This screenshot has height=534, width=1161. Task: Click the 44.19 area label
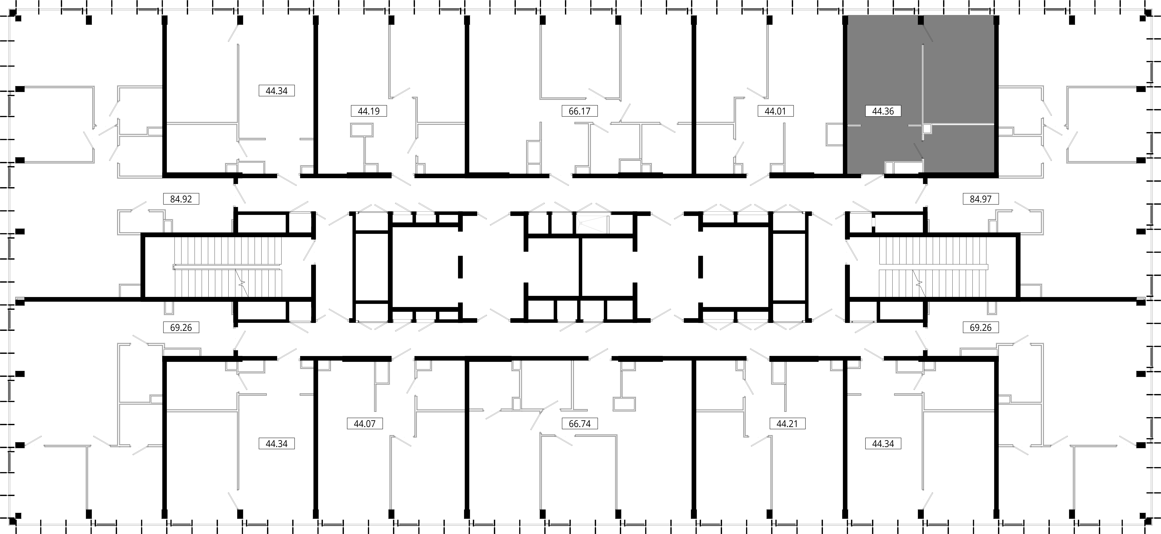(369, 111)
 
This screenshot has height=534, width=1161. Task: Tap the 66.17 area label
(580, 111)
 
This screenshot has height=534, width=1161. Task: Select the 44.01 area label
(775, 111)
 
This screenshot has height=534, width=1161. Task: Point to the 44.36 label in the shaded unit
(883, 111)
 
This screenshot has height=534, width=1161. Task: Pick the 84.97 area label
(981, 199)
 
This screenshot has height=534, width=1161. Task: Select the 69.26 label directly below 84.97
(981, 327)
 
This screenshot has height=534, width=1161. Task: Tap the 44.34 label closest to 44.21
(883, 444)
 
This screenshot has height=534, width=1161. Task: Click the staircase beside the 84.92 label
(228, 267)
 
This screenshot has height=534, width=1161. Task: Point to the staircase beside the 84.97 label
(933, 267)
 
